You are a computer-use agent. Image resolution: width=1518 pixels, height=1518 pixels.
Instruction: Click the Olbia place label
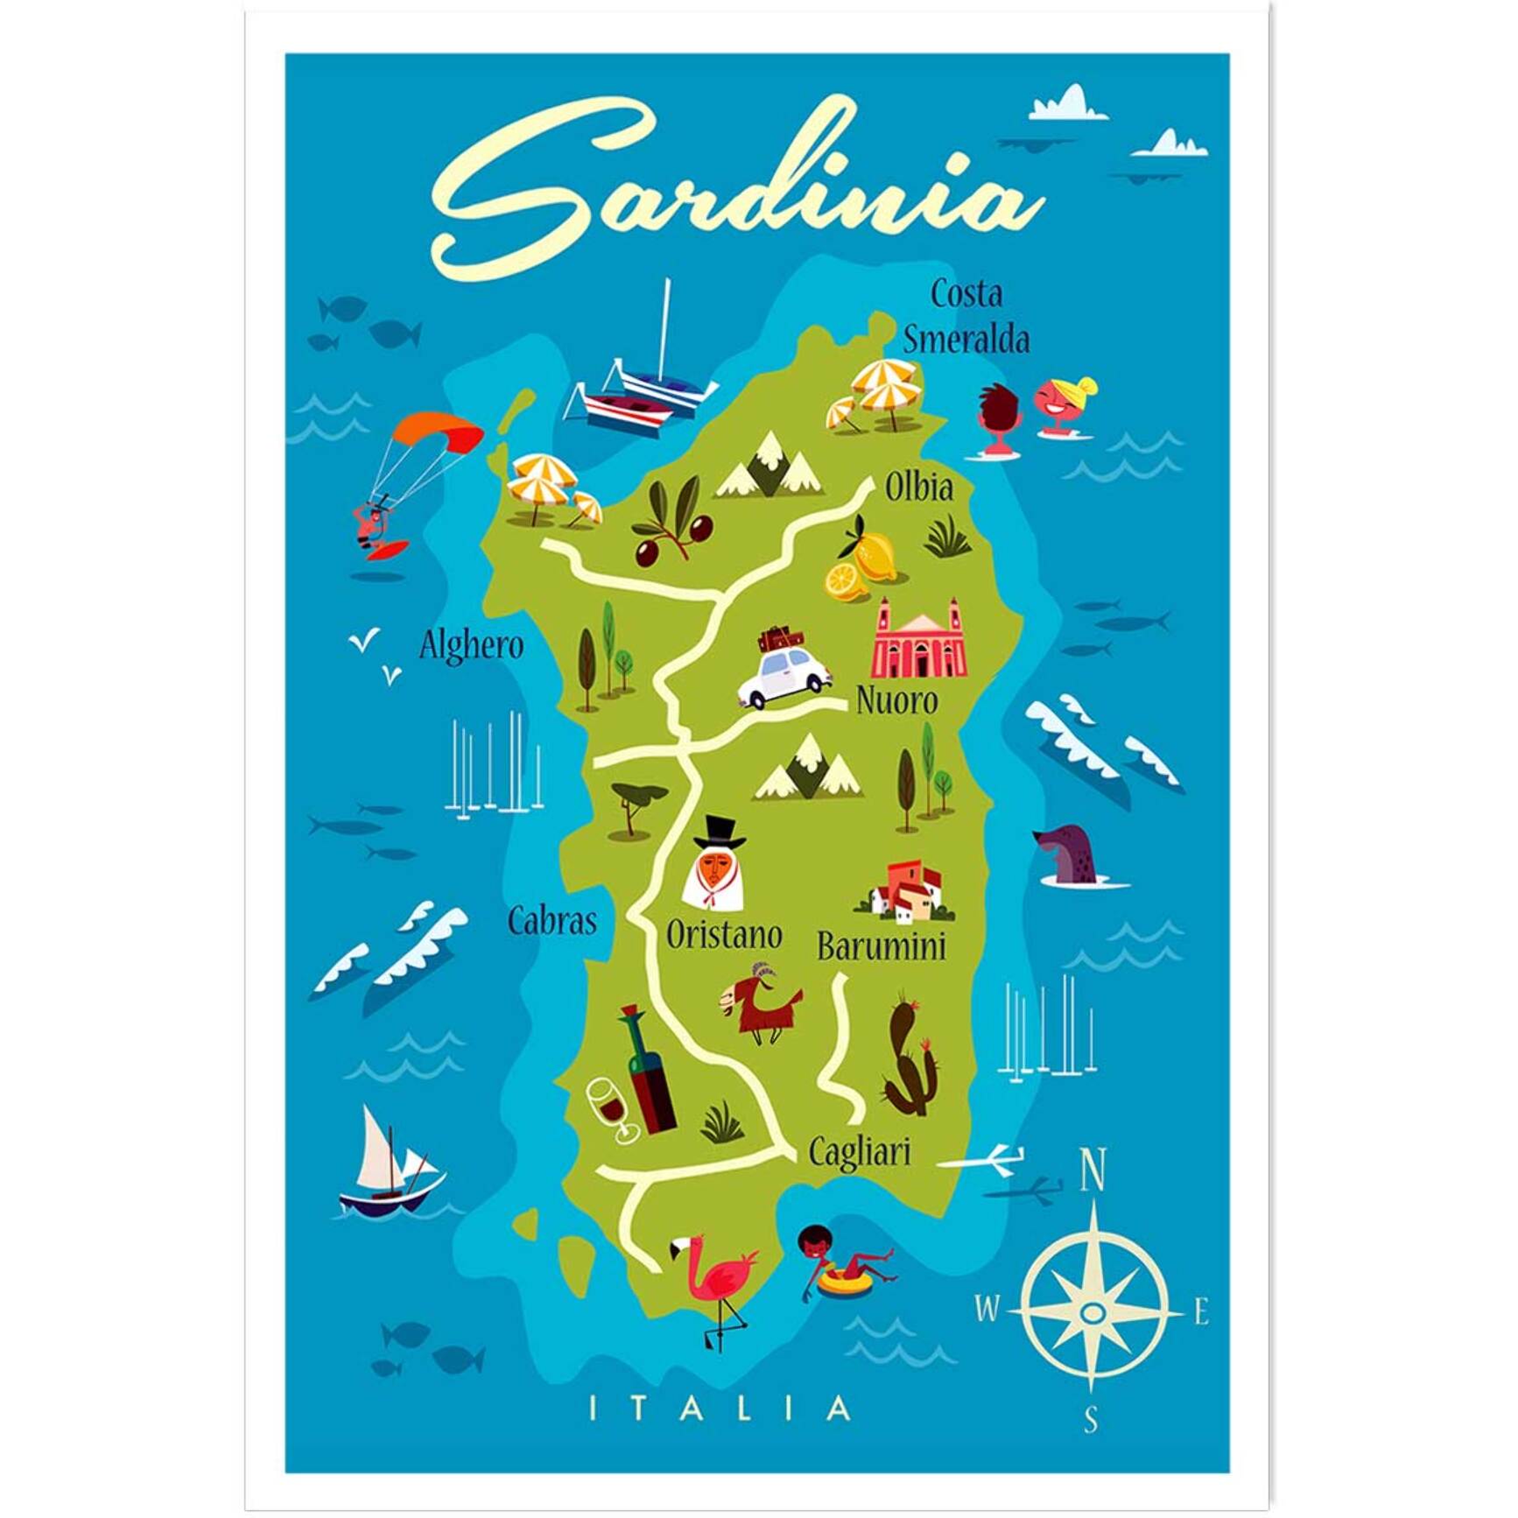coord(918,488)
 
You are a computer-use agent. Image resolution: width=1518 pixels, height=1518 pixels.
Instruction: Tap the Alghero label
coord(471,646)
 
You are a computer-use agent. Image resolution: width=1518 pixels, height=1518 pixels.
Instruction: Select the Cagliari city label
coord(859,1152)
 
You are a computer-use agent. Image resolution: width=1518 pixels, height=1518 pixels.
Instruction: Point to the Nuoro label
coord(896,701)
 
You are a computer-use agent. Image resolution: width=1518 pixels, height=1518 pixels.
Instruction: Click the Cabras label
coord(552,921)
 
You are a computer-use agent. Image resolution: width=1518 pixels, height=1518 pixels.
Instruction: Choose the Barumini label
coord(881,947)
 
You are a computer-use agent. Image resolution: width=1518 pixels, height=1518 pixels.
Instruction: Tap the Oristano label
coord(724,935)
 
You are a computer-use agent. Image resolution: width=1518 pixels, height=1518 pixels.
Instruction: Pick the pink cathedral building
coord(918,642)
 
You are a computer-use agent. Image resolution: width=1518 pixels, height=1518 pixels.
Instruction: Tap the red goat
coord(760,1004)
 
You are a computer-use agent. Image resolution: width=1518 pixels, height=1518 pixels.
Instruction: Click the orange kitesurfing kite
coord(438,432)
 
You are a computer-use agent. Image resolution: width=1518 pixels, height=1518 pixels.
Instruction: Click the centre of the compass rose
coord(1092,1312)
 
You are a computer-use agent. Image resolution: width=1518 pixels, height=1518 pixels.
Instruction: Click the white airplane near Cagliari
coord(985,1160)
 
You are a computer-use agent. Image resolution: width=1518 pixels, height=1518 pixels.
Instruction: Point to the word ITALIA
coord(720,1409)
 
